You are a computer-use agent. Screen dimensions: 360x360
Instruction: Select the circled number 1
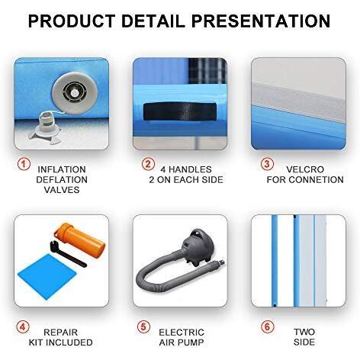tap(23, 164)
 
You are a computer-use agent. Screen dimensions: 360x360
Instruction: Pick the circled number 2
tap(148, 164)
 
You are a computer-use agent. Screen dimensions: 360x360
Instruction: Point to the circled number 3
tap(267, 164)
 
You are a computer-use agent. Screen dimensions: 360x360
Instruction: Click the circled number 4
tap(23, 327)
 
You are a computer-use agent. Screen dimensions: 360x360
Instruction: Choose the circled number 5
tap(144, 327)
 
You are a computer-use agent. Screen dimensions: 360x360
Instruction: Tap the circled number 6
tap(267, 327)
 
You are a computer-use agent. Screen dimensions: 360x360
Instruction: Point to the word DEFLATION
tap(62, 180)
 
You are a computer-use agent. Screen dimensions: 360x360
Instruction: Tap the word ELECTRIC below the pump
tap(181, 333)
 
